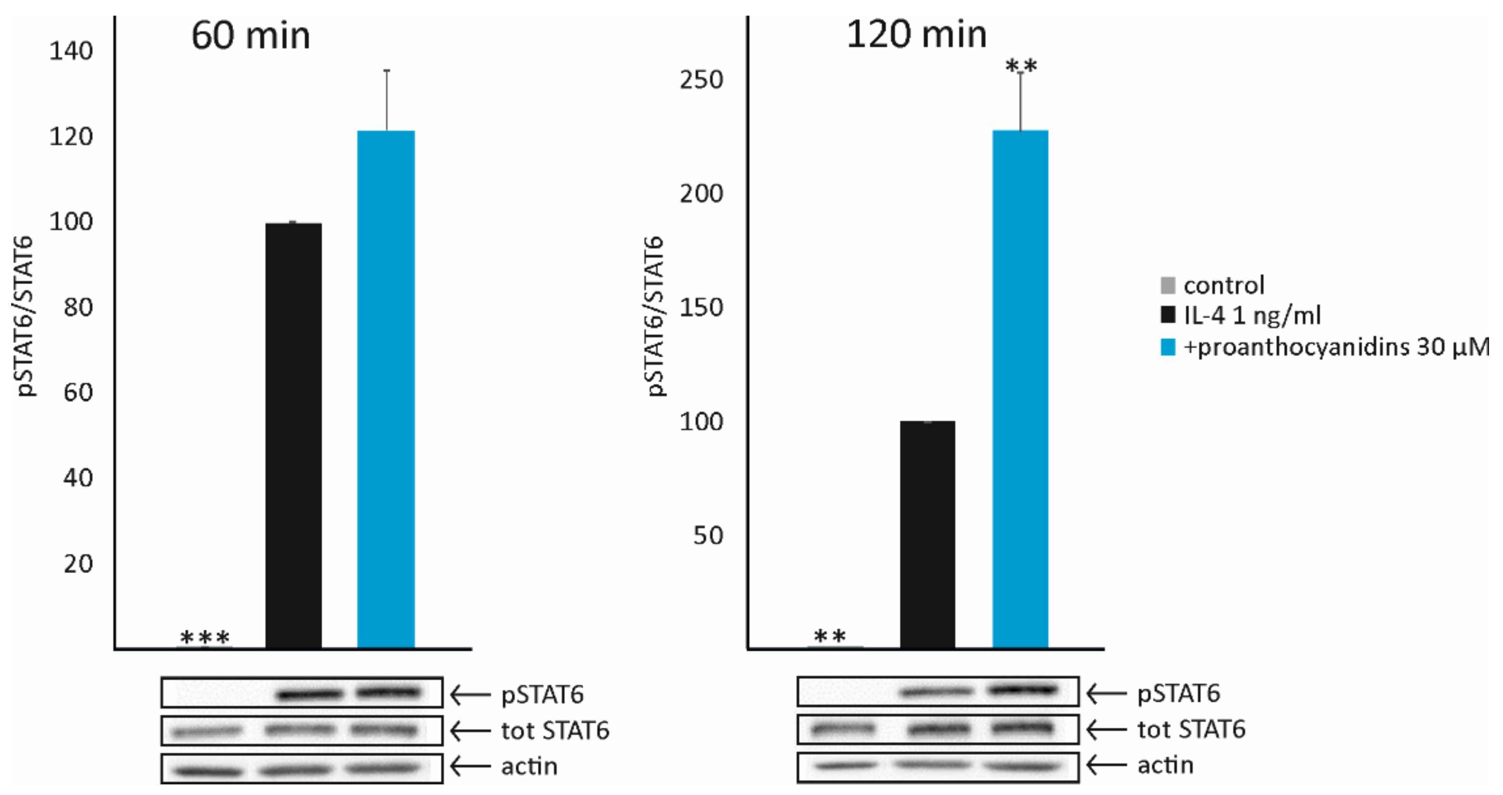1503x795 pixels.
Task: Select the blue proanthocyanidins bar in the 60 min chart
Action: (386, 389)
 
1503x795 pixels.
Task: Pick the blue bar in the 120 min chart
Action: (1020, 389)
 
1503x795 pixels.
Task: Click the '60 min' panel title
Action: (250, 36)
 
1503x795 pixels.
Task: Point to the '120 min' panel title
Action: (916, 35)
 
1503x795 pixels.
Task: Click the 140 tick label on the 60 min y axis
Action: (71, 52)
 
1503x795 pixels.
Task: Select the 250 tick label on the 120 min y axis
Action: (701, 80)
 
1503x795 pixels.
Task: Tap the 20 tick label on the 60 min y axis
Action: (78, 564)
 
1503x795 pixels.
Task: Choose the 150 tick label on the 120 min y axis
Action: (701, 307)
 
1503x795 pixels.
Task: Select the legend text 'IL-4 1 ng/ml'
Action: (1252, 315)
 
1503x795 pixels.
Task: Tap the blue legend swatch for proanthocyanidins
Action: (1168, 348)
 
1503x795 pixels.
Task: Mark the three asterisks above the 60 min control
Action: (205, 638)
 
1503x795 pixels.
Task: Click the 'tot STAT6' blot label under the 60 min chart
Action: (555, 730)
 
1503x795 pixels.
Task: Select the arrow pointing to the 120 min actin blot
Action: (1106, 765)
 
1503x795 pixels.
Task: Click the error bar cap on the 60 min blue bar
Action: (386, 71)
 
